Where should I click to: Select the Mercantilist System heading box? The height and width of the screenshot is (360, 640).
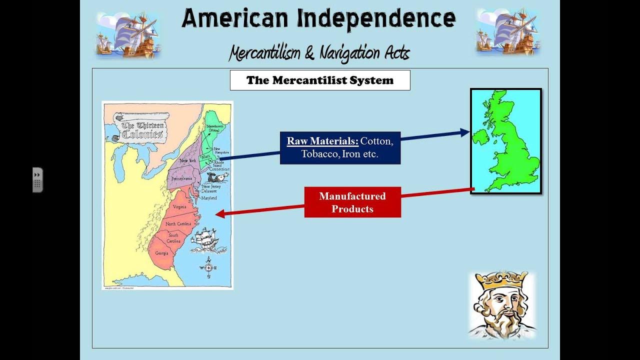(320, 80)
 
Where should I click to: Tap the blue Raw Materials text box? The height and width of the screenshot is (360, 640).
(340, 147)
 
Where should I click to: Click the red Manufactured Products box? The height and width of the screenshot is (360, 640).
(352, 202)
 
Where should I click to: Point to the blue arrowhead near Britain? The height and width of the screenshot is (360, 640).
(464, 132)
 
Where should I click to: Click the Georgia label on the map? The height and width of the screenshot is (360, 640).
(161, 253)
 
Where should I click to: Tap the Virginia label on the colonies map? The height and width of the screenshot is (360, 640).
(179, 207)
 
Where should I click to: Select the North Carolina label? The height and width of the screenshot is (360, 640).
(178, 224)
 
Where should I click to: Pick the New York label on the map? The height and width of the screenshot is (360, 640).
(187, 160)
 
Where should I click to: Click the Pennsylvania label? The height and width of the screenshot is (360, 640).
(182, 178)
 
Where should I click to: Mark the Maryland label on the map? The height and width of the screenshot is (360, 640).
(209, 198)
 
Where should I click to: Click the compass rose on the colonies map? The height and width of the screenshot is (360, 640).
(208, 267)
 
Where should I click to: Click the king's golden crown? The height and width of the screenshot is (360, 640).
(501, 279)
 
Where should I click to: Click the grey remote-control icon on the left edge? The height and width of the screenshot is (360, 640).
(37, 180)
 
